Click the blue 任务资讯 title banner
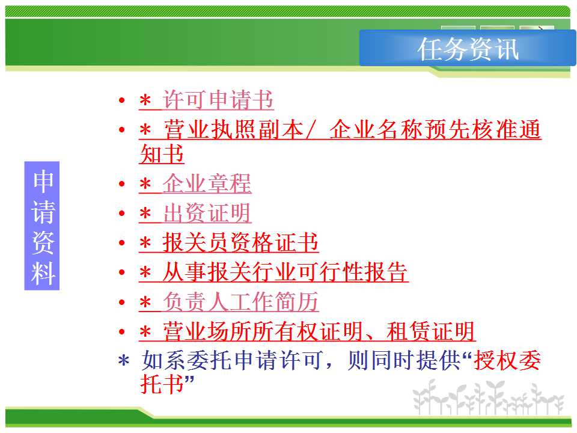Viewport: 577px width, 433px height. tap(468, 48)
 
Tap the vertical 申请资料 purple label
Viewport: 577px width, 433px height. tap(42, 226)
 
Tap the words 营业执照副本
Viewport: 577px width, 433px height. tap(234, 130)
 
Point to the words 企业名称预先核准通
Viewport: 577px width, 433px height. tap(435, 130)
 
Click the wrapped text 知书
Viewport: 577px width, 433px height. tap(162, 154)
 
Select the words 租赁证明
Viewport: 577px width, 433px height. tap(430, 331)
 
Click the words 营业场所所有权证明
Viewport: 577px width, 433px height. tap(263, 331)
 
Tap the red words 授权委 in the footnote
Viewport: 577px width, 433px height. tap(507, 360)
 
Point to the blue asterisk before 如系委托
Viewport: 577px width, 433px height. tap(124, 361)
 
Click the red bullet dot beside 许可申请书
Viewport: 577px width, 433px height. tap(122, 100)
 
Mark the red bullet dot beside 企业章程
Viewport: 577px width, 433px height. tap(122, 184)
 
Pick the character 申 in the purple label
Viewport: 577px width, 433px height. tap(43, 182)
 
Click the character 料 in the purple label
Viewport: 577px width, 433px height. tap(43, 273)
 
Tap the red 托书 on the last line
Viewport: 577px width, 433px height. tap(162, 384)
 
